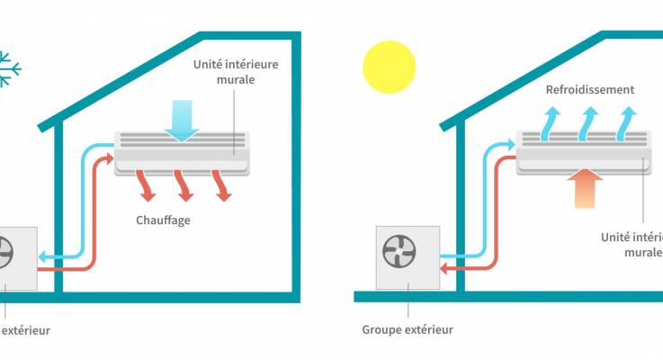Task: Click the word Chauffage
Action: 164,220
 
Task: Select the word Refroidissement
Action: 590,90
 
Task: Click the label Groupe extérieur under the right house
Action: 408,329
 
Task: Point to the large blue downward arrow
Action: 184,121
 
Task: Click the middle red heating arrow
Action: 184,184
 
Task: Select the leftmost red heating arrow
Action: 145,184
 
